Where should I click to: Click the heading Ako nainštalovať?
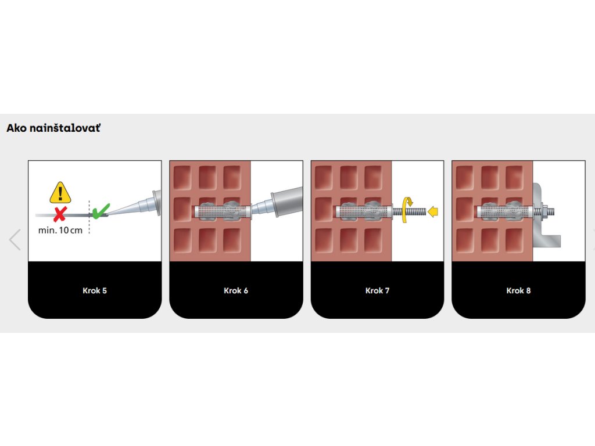coord(53,128)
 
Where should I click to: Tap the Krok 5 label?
coord(95,290)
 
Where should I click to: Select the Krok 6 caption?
coord(236,290)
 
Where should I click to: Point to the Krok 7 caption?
coord(377,290)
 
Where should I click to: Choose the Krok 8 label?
coord(518,290)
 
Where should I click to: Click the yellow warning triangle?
coord(60,192)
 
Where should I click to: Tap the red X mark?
coord(59,214)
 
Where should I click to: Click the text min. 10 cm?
coord(60,231)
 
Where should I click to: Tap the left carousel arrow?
coord(15,239)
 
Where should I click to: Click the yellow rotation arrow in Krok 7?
coord(408,205)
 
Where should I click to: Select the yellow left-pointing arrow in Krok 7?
coord(432,213)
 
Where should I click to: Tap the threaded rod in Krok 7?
coord(414,213)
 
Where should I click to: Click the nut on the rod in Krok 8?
coord(544,212)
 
